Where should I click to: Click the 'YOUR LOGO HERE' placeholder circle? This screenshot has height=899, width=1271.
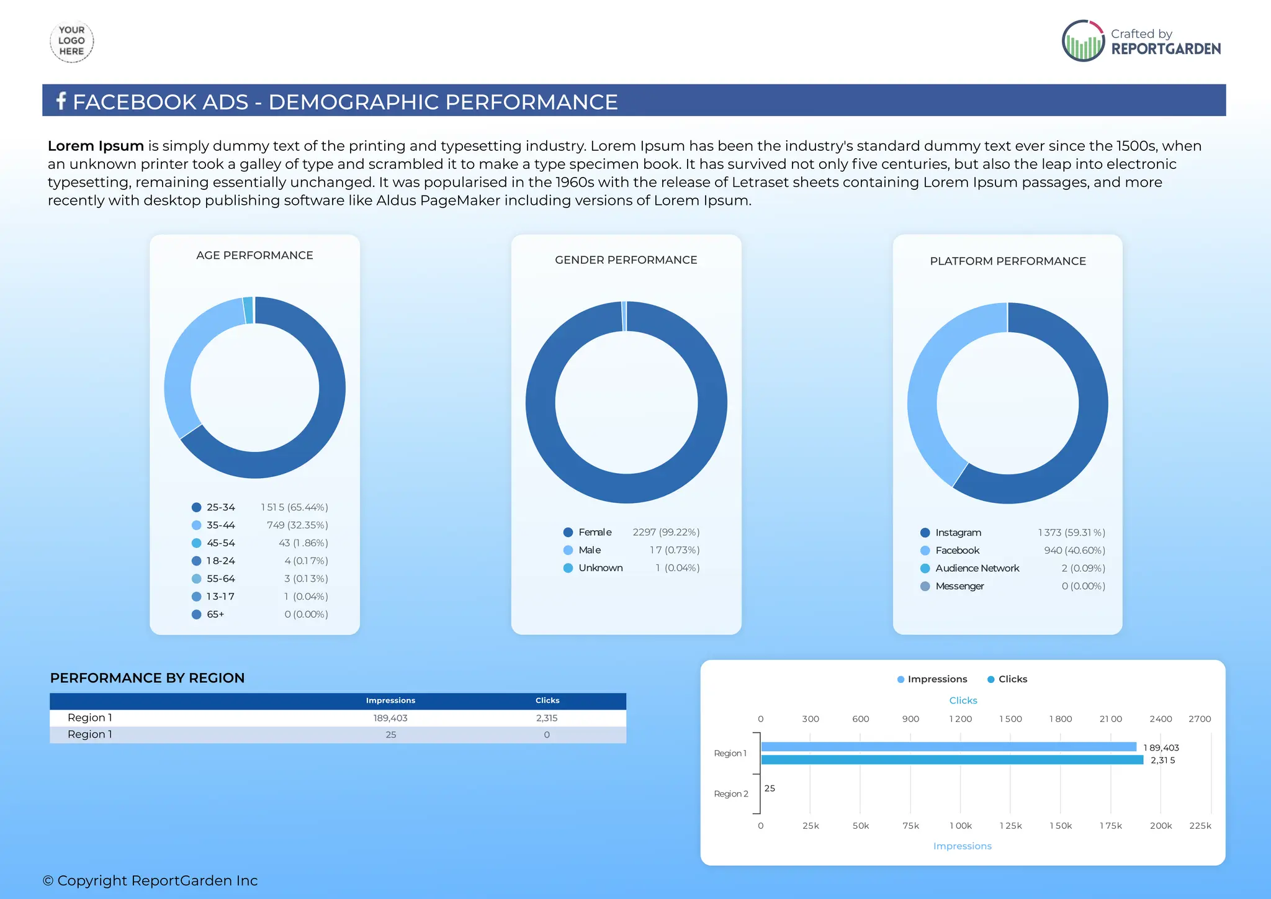pos(71,41)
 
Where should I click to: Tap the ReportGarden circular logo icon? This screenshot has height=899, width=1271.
pos(1083,41)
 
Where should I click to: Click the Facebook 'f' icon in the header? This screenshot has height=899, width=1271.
pos(61,101)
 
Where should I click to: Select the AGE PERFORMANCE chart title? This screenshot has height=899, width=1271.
pos(254,255)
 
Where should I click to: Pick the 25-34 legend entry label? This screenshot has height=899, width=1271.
pos(220,507)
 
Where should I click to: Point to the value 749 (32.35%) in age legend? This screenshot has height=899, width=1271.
pos(297,525)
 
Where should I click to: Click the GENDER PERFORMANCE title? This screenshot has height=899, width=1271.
pos(626,260)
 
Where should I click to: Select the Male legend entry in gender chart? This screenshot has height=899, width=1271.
pos(589,550)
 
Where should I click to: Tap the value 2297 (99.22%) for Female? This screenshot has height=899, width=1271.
pos(665,532)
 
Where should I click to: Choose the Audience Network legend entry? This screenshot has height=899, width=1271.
pos(977,568)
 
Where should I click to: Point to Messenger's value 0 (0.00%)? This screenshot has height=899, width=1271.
pos(1083,586)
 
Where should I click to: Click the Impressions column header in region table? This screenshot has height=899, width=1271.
pos(390,700)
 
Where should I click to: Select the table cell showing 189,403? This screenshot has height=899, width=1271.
pos(390,718)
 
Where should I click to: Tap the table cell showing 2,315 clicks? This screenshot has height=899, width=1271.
pos(547,718)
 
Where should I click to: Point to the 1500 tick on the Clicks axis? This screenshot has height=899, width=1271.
pos(1010,719)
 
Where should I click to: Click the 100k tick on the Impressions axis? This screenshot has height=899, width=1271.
pos(960,826)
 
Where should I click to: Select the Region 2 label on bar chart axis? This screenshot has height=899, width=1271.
pos(730,794)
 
